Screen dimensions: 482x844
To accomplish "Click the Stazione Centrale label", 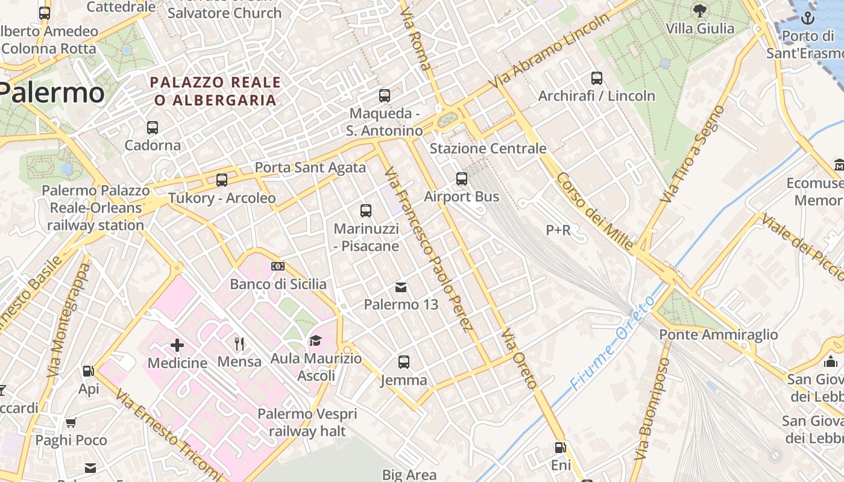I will click(488, 148).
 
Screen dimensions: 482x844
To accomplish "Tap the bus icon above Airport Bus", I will click(462, 179).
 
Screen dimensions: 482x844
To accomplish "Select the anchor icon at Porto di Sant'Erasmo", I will click(807, 19).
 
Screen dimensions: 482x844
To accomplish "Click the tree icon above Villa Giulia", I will click(700, 11).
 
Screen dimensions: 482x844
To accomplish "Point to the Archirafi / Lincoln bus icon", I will click(596, 78).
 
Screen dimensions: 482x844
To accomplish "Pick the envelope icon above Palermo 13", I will click(401, 287).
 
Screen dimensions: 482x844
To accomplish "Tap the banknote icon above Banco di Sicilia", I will click(278, 266).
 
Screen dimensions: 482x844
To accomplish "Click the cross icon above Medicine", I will click(177, 345).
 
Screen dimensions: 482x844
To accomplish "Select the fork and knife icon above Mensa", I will click(240, 344).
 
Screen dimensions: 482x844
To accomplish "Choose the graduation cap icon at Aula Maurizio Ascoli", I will click(315, 342).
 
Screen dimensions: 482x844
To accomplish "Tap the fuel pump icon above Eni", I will click(560, 448).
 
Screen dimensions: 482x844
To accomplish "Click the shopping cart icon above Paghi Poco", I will click(71, 422).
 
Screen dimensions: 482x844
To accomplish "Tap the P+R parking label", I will click(558, 230).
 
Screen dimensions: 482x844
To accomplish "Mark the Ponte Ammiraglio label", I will click(718, 334).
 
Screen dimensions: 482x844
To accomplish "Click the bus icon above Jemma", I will click(404, 362).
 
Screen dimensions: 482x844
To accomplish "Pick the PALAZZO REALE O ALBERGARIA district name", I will click(216, 91).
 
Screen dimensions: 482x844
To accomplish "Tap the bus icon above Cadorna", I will click(153, 128).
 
